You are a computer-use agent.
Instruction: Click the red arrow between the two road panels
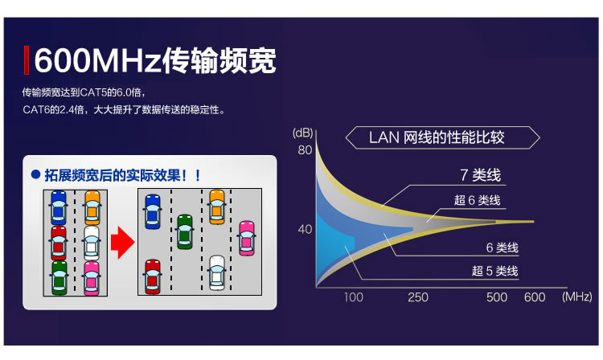point(121,242)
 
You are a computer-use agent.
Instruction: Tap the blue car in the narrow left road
point(59,207)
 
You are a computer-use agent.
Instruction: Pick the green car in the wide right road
point(185,231)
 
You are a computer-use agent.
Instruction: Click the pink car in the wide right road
point(247,238)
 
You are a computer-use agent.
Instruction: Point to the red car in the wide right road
point(152,276)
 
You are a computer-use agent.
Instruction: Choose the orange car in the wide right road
point(216,207)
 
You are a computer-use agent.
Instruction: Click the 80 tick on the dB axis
point(304,150)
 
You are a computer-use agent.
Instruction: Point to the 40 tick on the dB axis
point(304,229)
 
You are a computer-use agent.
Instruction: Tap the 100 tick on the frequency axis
point(354,297)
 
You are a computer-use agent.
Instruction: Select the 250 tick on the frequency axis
point(418,297)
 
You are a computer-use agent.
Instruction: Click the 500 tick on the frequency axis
point(497,297)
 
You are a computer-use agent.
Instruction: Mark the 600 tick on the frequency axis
point(535,297)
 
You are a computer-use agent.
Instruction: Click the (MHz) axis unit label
point(576,297)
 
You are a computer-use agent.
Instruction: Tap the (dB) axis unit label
point(302,132)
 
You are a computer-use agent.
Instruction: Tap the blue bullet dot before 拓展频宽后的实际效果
point(35,174)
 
